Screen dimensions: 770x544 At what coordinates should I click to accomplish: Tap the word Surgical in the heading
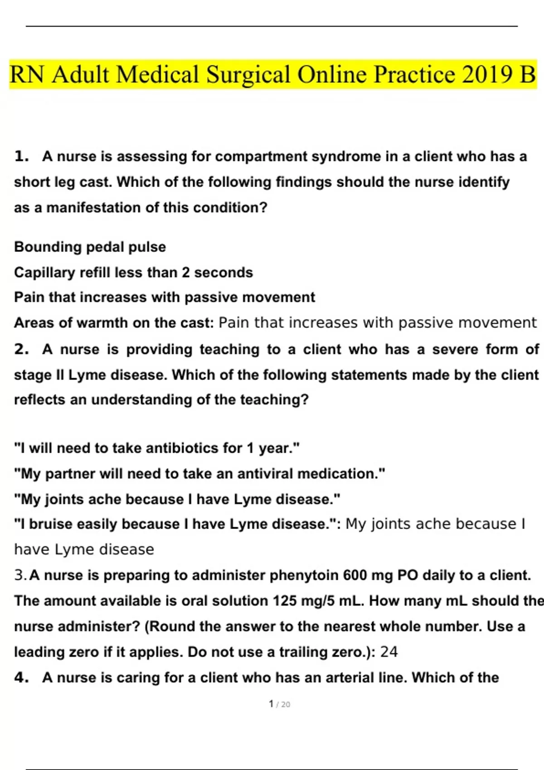pyautogui.click(x=248, y=75)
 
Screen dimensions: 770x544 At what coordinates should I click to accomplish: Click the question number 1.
pyautogui.click(x=21, y=157)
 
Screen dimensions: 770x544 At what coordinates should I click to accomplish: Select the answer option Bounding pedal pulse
pyautogui.click(x=90, y=247)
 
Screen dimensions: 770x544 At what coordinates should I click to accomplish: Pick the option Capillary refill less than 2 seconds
pyautogui.click(x=133, y=273)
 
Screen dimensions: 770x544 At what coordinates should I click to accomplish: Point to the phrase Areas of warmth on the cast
pyautogui.click(x=113, y=323)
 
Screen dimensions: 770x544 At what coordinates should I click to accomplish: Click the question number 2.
pyautogui.click(x=21, y=349)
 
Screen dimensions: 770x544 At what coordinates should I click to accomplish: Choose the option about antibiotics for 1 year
pyautogui.click(x=157, y=448)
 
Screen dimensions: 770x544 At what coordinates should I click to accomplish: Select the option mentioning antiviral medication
pyautogui.click(x=199, y=474)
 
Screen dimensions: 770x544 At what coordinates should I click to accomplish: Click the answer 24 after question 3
pyautogui.click(x=389, y=652)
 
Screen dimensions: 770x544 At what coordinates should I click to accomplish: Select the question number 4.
pyautogui.click(x=21, y=678)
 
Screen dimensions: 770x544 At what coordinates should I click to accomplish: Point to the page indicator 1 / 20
pyautogui.click(x=279, y=704)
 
